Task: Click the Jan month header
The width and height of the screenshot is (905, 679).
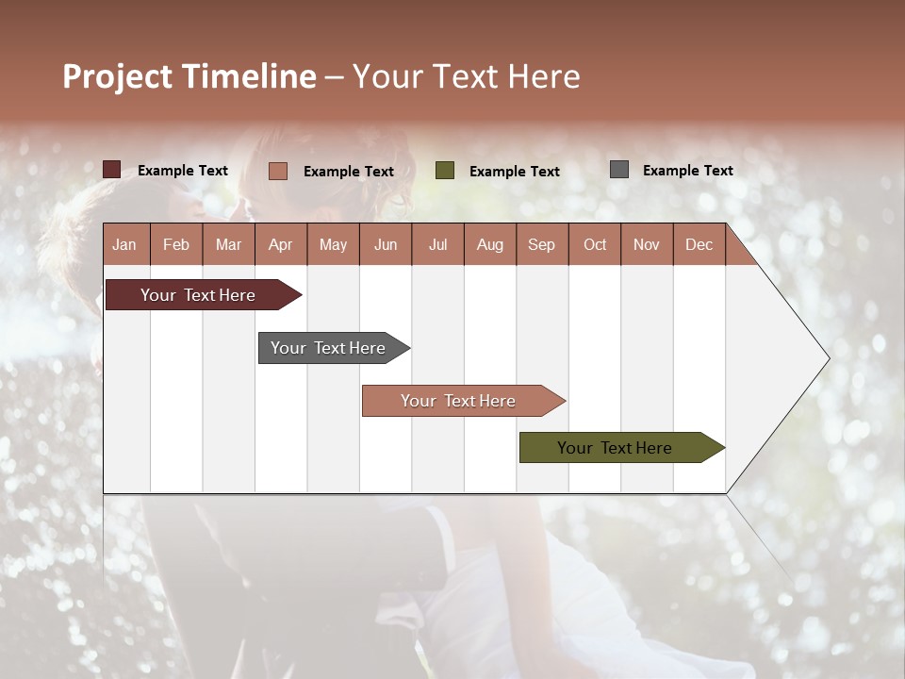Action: [x=124, y=245]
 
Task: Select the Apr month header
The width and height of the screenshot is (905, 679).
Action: [x=280, y=245]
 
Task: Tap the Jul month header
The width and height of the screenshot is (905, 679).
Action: [x=437, y=245]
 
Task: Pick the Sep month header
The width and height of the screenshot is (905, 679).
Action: [x=541, y=245]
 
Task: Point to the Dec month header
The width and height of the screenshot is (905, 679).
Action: [x=699, y=245]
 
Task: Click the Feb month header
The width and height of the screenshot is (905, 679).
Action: [x=176, y=245]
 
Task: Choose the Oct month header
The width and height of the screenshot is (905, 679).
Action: [x=595, y=245]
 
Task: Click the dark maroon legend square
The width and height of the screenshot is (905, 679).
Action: [x=112, y=170]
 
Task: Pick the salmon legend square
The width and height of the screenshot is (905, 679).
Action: [x=278, y=171]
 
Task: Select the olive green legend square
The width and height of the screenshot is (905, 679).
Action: [x=445, y=171]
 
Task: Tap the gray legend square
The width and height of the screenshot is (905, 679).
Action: [x=619, y=170]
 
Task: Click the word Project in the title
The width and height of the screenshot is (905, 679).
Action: [x=118, y=77]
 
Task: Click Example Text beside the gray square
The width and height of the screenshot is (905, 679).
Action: [x=687, y=171]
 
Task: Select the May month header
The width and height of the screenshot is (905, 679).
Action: [x=333, y=245]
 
